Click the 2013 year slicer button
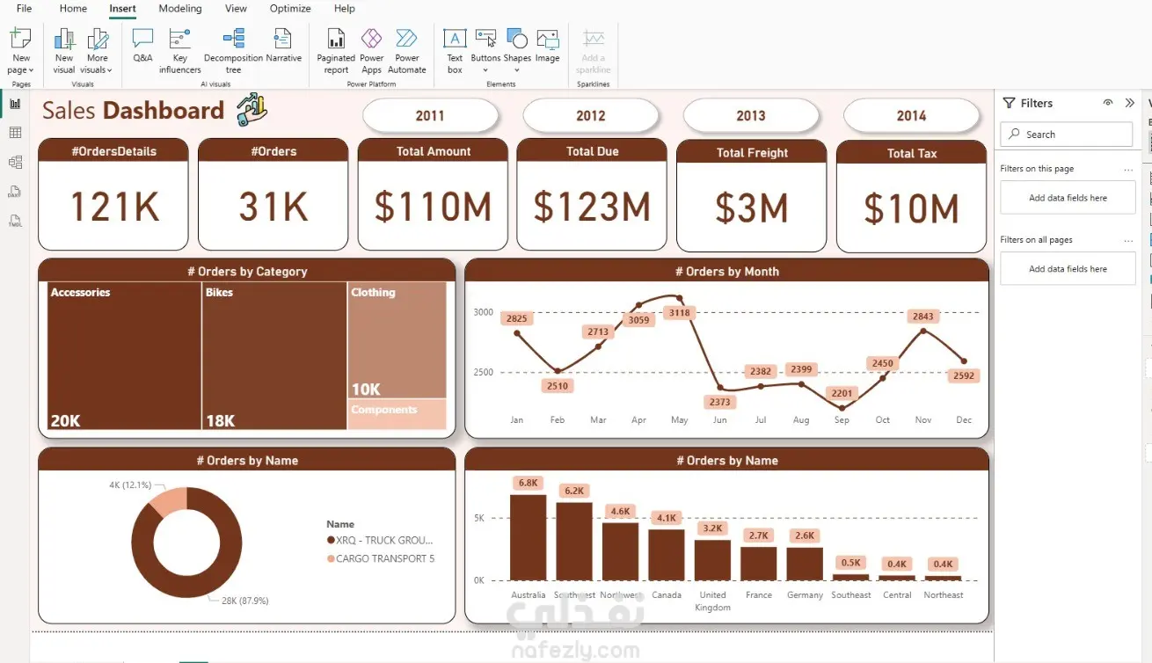[750, 115]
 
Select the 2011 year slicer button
[430, 115]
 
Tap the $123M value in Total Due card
[592, 208]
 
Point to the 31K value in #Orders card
[273, 208]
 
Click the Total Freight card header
[752, 152]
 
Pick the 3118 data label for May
[679, 313]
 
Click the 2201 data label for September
[842, 393]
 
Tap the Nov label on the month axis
[922, 420]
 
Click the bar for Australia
[528, 536]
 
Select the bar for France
[758, 563]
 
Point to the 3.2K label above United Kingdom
[712, 528]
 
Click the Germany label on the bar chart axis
[805, 595]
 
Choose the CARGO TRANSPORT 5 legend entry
[384, 558]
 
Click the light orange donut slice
[164, 502]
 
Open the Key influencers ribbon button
[179, 50]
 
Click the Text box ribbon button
[454, 50]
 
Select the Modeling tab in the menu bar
[179, 9]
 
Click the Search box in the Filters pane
[1066, 135]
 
